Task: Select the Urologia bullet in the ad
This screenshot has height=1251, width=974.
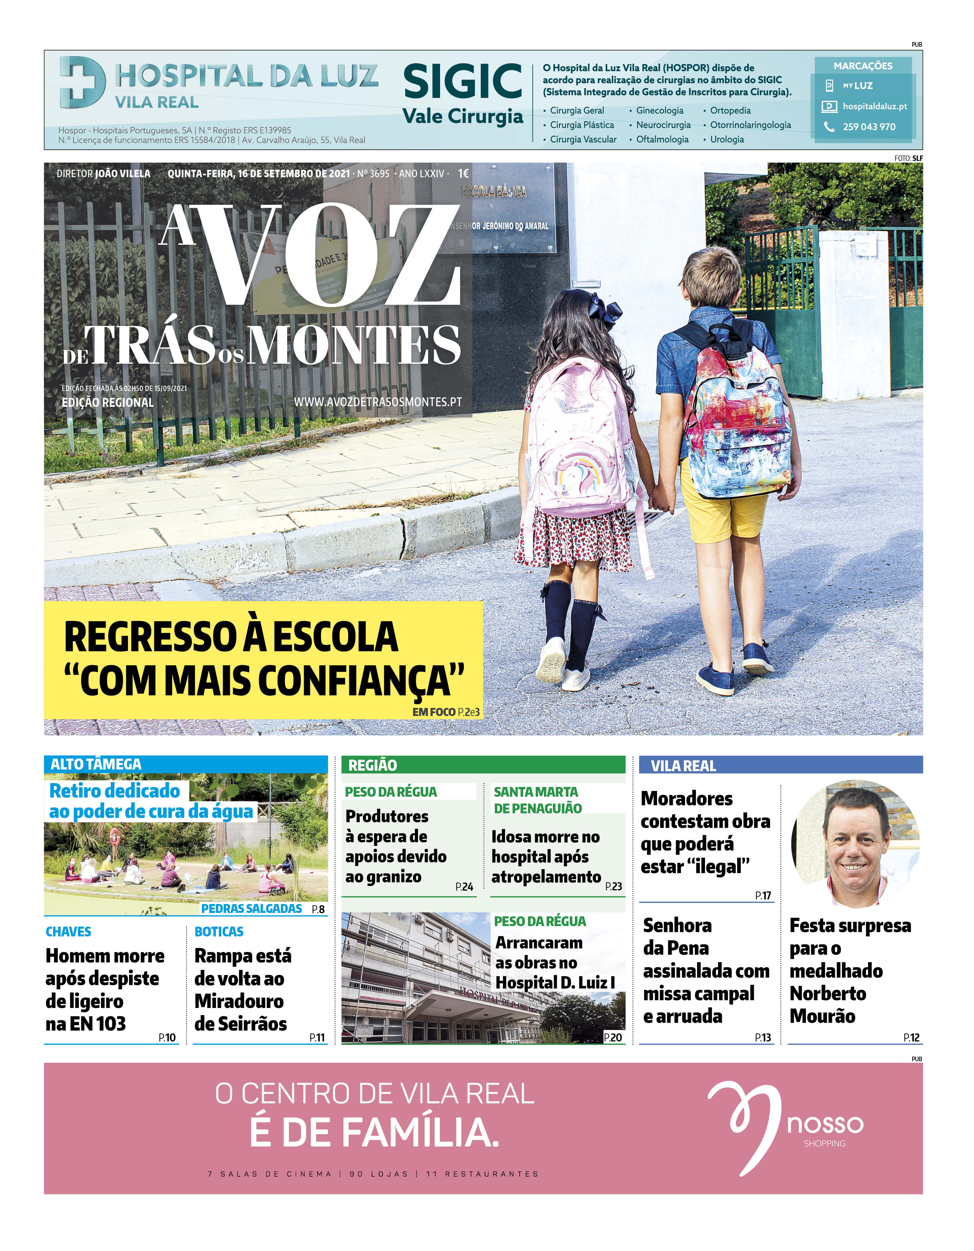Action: [726, 139]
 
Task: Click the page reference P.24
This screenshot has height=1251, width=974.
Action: [464, 887]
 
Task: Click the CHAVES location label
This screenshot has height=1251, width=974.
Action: [68, 932]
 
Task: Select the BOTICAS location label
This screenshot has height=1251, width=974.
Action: [219, 932]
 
